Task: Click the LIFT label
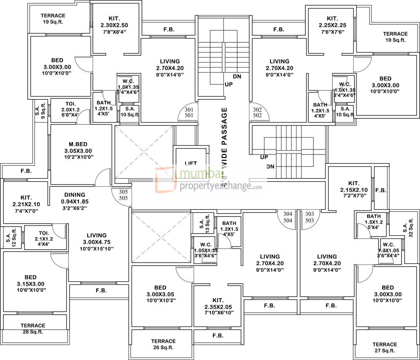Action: point(191,163)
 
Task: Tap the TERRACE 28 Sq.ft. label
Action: point(33,329)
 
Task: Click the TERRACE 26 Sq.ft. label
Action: point(163,344)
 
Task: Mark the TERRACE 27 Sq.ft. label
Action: point(384,347)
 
